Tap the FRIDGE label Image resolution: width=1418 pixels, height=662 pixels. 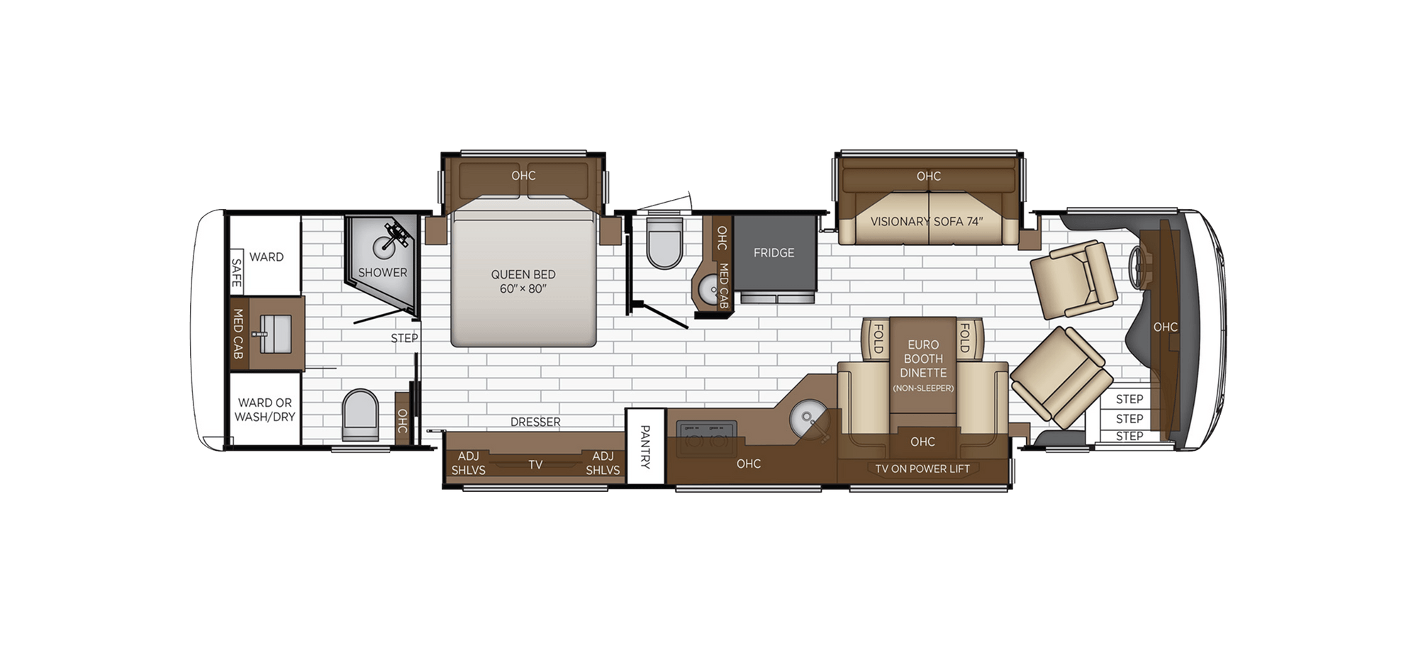click(x=774, y=253)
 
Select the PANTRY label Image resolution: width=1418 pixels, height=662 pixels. click(x=645, y=447)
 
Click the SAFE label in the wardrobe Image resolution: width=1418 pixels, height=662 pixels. click(x=237, y=272)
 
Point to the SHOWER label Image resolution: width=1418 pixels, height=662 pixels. click(x=382, y=272)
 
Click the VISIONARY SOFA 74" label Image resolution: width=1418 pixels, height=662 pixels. click(x=927, y=221)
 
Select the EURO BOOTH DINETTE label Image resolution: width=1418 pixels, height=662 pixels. click(x=923, y=359)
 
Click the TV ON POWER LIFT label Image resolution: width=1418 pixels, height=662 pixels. click(x=922, y=469)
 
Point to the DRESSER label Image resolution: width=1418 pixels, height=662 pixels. click(x=535, y=422)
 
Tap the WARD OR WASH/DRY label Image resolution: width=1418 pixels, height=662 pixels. click(x=264, y=410)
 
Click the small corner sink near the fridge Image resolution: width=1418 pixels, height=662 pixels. click(x=707, y=288)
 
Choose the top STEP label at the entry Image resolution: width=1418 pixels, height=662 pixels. click(x=1129, y=399)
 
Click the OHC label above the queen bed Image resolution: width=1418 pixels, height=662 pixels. click(x=523, y=175)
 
